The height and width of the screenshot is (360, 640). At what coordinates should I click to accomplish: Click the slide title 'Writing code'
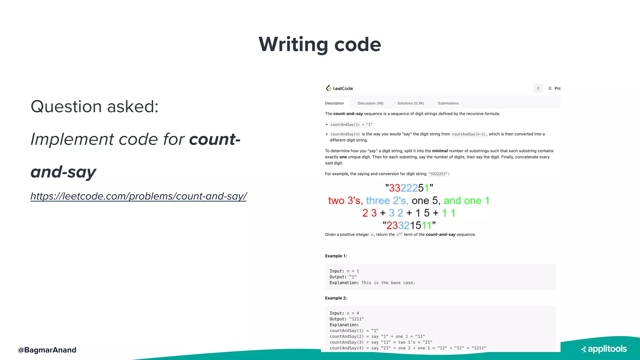(x=320, y=44)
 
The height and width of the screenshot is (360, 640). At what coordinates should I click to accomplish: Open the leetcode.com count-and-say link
(x=138, y=196)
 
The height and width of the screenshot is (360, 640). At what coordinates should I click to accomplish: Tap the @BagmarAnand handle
(x=47, y=350)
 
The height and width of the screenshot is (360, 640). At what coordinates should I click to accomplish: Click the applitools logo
(x=604, y=349)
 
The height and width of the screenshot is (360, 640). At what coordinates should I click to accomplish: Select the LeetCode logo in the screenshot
(x=339, y=88)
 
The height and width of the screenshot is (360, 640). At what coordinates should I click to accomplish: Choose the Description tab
(x=334, y=103)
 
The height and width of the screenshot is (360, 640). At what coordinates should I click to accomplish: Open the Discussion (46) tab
(x=370, y=103)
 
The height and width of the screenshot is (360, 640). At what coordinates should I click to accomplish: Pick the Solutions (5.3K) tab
(x=411, y=103)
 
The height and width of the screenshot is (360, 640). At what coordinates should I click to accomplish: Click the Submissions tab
(x=448, y=103)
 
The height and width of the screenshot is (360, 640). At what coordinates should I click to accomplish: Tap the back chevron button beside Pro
(x=538, y=88)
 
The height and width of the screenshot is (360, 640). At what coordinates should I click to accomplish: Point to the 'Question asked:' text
(x=95, y=107)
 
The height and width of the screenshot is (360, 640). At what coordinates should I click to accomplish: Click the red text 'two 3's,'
(x=345, y=201)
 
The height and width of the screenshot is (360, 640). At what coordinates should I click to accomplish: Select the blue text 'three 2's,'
(x=387, y=201)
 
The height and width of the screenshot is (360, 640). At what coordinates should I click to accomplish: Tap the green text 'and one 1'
(x=466, y=201)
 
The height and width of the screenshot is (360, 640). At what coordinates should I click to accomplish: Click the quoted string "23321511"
(x=409, y=225)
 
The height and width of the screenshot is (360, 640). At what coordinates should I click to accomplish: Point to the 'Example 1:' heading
(x=336, y=256)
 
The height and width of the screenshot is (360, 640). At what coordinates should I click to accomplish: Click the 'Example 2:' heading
(x=336, y=298)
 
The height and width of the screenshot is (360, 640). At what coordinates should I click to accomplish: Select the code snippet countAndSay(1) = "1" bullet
(x=351, y=125)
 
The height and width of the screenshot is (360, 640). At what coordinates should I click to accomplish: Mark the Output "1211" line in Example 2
(x=347, y=319)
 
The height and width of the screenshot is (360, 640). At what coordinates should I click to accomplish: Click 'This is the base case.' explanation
(x=388, y=283)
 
